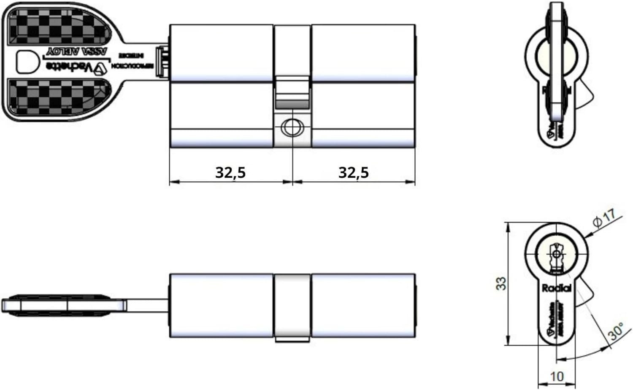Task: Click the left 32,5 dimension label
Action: click(x=230, y=172)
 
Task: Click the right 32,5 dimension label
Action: click(x=353, y=172)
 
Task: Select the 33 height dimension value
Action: click(x=501, y=283)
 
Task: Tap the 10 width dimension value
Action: click(x=557, y=376)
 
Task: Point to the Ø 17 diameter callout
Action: click(x=604, y=218)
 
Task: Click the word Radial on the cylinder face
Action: click(x=556, y=288)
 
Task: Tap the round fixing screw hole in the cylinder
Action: click(x=292, y=127)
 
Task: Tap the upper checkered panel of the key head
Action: click(x=57, y=27)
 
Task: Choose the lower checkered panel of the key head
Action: click(x=57, y=97)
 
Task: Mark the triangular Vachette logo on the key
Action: click(x=101, y=68)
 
